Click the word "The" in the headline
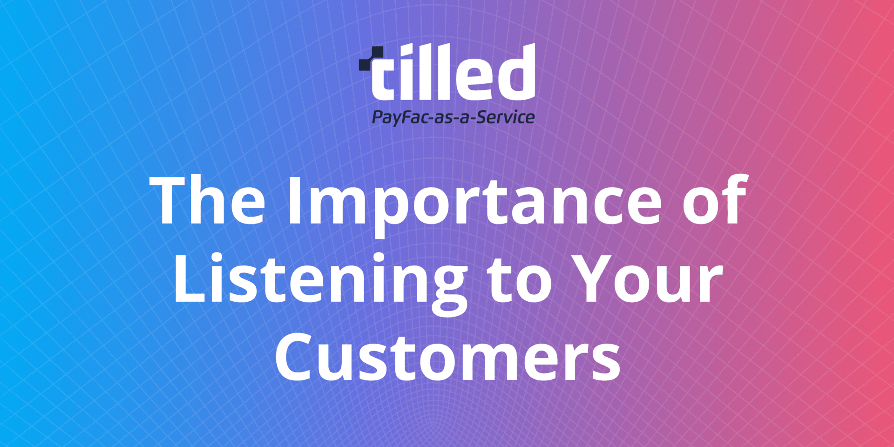click(207, 201)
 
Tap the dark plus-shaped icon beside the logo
click(371, 59)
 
